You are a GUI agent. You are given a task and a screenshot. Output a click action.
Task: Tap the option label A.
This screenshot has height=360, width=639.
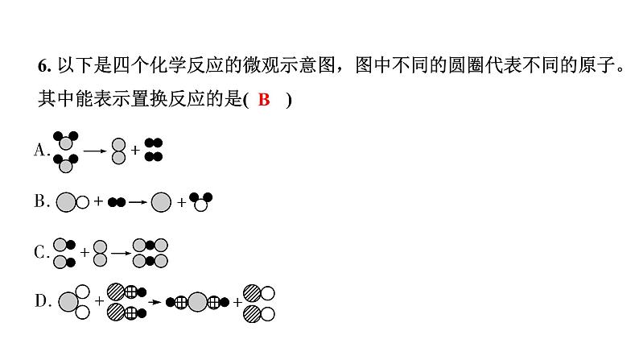coord(42,150)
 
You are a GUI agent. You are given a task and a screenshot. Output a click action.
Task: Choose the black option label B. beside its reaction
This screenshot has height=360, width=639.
coord(42,202)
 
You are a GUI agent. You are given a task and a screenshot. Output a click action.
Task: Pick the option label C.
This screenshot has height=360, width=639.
coord(42,253)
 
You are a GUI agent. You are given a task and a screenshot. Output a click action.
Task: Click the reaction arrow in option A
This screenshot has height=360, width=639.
coord(95,150)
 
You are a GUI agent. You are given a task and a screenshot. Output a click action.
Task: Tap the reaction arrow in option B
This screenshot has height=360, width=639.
coord(136,202)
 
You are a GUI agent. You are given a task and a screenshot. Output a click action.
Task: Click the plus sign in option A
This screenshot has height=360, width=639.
coord(135,150)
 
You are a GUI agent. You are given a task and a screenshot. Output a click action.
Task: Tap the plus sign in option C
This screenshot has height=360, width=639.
coord(85,253)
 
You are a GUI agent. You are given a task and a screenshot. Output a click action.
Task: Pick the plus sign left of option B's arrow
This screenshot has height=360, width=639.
coord(98,202)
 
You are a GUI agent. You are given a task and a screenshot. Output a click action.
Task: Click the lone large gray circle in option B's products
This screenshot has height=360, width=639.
coord(162,202)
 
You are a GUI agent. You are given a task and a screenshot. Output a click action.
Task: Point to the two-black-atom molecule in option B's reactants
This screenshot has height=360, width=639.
coord(116,202)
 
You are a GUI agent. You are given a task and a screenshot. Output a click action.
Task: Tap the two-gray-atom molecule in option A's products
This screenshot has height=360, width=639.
coord(119,150)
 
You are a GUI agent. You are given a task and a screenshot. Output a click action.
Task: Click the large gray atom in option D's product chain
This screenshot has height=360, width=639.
coord(196,304)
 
